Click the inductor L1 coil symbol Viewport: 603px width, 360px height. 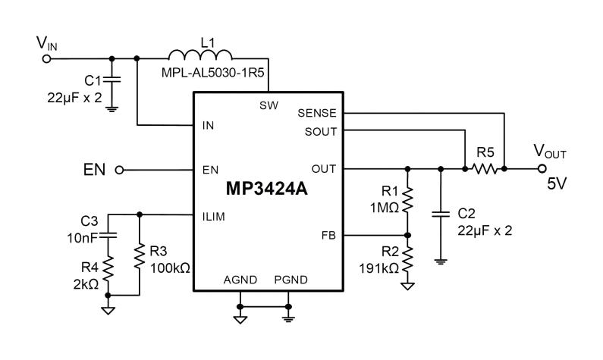tap(200, 55)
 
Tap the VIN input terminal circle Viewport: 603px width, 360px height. tap(47, 59)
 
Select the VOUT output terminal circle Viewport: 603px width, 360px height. tap(542, 168)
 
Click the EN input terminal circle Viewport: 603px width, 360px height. tap(120, 170)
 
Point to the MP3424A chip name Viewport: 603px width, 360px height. tap(266, 189)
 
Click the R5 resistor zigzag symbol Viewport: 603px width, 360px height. tap(485, 168)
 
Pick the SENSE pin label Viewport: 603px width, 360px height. tap(317, 113)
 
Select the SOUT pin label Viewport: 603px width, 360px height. tap(321, 132)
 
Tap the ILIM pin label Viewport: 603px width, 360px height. tap(213, 217)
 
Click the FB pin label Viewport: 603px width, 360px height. tap(328, 235)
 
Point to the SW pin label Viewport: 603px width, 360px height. tap(269, 105)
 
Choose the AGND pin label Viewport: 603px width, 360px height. tap(240, 280)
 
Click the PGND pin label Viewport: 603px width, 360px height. tap(291, 280)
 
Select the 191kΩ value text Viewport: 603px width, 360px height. tap(378, 268)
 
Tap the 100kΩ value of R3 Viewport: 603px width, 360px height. tap(170, 268)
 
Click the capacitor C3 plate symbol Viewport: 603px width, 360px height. tap(108, 236)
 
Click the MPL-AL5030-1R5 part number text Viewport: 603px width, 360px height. tap(212, 72)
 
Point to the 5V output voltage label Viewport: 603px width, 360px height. tap(557, 184)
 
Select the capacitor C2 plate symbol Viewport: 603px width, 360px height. tap(441, 214)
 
